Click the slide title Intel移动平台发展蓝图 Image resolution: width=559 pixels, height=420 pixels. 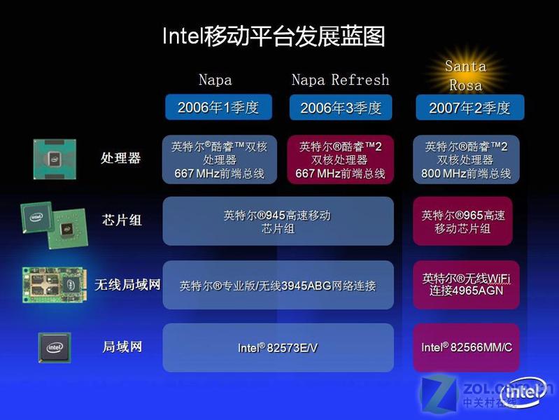point(274,36)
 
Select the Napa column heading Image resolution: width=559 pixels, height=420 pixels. point(215,80)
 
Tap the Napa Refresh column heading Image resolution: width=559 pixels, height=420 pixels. point(341,80)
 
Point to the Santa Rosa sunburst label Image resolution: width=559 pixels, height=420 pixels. point(465,76)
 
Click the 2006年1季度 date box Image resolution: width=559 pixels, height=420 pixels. point(218,107)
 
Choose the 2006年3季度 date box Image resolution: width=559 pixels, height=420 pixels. point(341,107)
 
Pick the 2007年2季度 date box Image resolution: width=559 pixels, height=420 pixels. point(470,107)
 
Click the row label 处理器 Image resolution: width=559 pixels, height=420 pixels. point(120,157)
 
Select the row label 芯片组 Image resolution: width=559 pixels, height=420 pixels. point(122,220)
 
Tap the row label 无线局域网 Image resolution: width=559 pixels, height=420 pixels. point(127,285)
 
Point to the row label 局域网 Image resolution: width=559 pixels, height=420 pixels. point(122,346)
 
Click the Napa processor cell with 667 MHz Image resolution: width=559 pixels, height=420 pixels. point(220,160)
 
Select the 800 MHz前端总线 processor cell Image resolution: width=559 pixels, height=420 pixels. point(466,160)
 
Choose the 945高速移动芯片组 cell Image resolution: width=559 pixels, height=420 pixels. point(278,221)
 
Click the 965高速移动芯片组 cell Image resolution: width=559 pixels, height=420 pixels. point(462,221)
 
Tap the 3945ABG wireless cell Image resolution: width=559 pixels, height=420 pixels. point(278,285)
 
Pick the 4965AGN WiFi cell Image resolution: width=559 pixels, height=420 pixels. point(466,285)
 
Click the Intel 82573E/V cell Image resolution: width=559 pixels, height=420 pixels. point(278,348)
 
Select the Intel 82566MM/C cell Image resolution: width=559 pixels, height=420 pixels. point(466,348)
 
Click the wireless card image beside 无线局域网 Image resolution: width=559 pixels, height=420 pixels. point(54,285)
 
